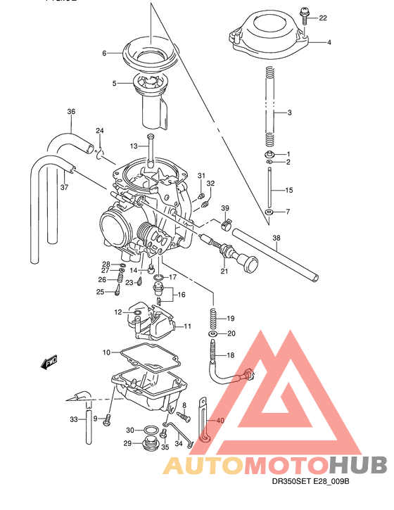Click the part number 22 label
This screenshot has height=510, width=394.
pos(323,18)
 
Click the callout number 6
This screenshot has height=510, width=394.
pos(104,53)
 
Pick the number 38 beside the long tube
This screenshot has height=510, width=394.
pos(277,237)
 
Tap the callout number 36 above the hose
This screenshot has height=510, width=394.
pos(70,112)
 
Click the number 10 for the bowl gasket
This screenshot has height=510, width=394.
pos(106,352)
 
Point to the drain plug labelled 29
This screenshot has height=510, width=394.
pos(148,445)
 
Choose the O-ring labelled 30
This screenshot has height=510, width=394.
pos(150,430)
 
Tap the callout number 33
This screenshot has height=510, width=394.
pos(73,420)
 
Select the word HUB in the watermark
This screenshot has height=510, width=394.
pos(357,465)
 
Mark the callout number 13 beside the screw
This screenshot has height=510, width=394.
pos(134,146)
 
